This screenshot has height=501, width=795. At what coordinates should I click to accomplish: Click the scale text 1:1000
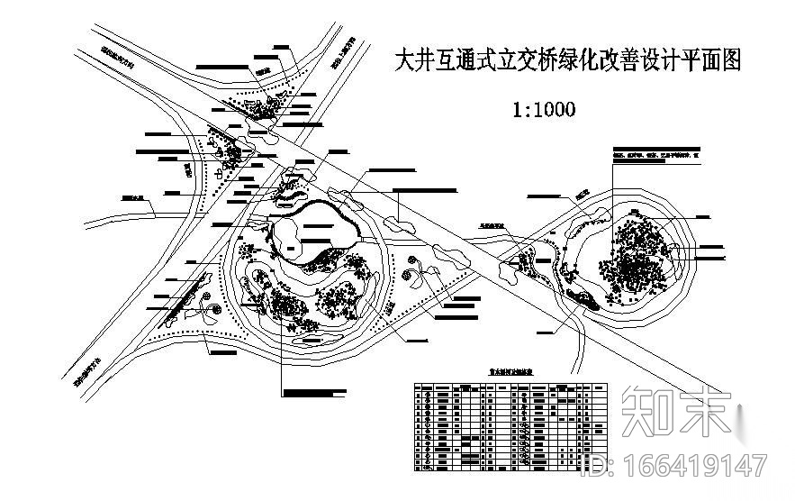click(x=544, y=110)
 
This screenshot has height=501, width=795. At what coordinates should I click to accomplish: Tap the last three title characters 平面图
click(x=709, y=61)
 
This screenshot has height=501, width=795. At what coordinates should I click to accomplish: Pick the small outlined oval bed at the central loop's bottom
click(x=311, y=340)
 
